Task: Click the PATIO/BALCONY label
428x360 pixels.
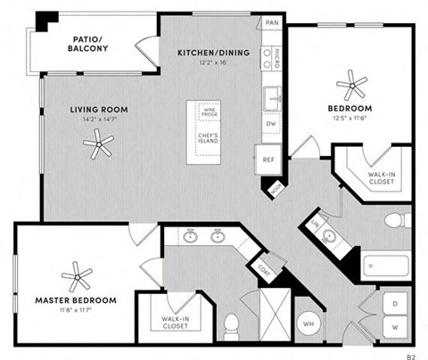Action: [x=90, y=45]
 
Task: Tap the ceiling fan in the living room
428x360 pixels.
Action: [x=98, y=141]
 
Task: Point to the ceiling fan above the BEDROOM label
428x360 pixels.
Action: [x=351, y=86]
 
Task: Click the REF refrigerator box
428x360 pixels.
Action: [x=267, y=159]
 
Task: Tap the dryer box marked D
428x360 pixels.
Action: [x=393, y=304]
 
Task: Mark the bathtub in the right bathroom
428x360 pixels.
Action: [x=385, y=266]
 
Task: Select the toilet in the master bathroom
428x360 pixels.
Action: [x=231, y=325]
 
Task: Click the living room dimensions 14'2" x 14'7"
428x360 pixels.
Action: [x=99, y=120]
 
